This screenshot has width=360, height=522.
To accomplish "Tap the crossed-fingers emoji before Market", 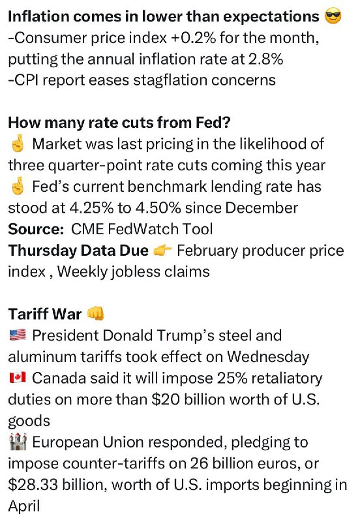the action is pos(18,144).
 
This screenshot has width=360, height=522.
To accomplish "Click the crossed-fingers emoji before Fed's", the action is pos(18,187).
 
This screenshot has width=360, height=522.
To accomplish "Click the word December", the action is pos(262,208).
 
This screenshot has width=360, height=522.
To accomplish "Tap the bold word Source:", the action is pos(36,230).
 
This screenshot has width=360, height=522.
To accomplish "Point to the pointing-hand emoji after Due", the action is pos(162,251).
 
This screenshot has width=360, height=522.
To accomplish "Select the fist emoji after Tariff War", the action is pos(95,314).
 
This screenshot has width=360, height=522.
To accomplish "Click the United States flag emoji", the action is pos(18,335).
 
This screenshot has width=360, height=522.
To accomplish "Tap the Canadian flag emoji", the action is pos(18,378).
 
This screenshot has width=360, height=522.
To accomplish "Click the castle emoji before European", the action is pos(18,442).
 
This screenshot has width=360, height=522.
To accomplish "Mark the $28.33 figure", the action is pos(33,485).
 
